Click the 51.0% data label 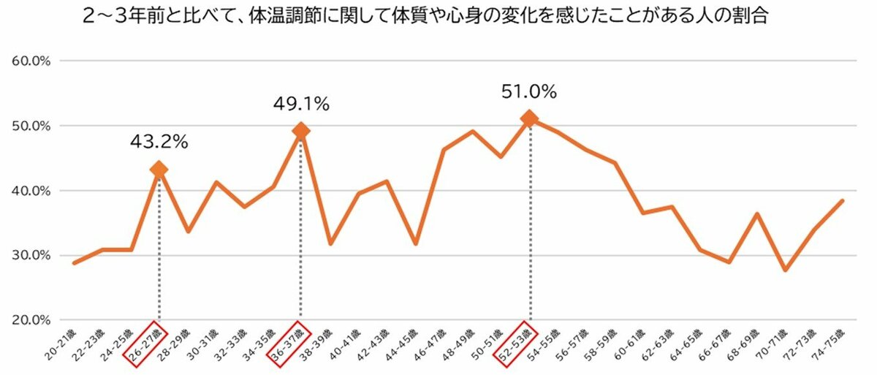coord(529,92)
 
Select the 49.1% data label coord(301,105)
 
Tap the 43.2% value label coord(159,142)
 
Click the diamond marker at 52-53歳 coord(529,118)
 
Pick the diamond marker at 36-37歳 coord(300,131)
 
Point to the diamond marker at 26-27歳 coord(159,170)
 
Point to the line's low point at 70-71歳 coord(786,270)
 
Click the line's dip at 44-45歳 coord(415,243)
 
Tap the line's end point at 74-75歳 coord(843,200)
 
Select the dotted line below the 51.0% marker coord(529,219)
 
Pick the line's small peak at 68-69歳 coord(757,214)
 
